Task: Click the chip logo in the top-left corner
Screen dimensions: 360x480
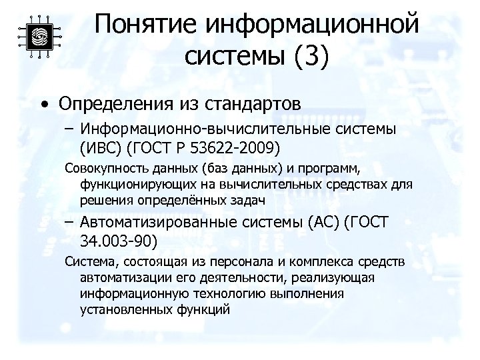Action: tap(38, 37)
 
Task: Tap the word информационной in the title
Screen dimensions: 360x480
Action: tap(313, 25)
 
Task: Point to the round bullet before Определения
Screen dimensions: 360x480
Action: tap(43, 105)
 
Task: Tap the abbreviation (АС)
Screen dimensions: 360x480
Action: tap(323, 223)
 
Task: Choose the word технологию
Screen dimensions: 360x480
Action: tap(225, 293)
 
